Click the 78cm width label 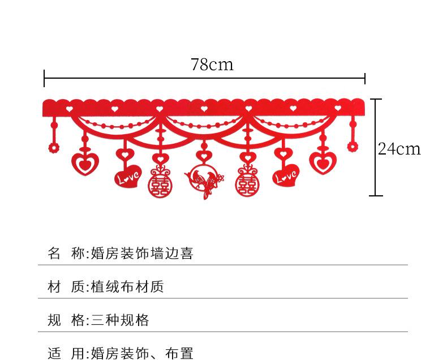pos(212,65)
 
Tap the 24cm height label pos(399,149)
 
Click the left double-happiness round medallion pos(158,183)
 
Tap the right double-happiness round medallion pos(247,183)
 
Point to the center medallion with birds pos(203,181)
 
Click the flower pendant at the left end pos(54,148)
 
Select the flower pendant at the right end pos(353,147)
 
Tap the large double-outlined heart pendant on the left pos(85,163)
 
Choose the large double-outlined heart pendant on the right pos(323,162)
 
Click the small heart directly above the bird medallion pos(203,155)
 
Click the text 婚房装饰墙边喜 pos(142,254)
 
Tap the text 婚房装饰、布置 pos(142,354)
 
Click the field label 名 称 pos(66,254)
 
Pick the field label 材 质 pos(66,287)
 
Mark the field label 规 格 pos(66,320)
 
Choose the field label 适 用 pos(66,354)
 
